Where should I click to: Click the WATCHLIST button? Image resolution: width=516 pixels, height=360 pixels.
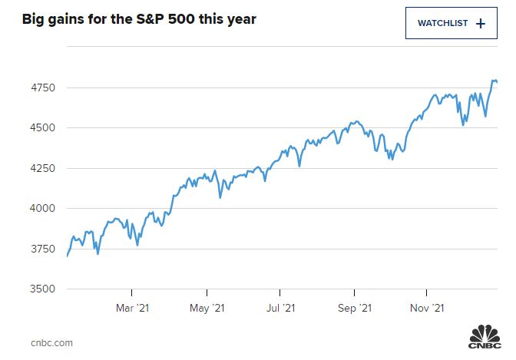(451, 23)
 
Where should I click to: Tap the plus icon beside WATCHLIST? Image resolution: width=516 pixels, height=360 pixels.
(481, 23)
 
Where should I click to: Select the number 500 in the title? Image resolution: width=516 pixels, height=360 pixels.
(203, 18)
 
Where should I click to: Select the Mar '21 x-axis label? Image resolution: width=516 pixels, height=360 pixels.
(131, 309)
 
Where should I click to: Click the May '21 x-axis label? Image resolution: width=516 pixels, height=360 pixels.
(207, 309)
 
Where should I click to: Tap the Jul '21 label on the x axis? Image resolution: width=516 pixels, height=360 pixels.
(280, 309)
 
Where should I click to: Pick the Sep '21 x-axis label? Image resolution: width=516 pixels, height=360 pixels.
(354, 309)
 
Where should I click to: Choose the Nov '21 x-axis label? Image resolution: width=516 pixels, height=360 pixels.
(426, 309)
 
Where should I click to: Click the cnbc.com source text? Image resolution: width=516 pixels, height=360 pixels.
(51, 342)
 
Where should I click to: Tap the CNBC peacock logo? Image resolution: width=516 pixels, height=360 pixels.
(484, 338)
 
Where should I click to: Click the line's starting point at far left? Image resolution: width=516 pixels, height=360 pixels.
(68, 256)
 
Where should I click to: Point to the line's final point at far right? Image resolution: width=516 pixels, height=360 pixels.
(497, 82)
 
